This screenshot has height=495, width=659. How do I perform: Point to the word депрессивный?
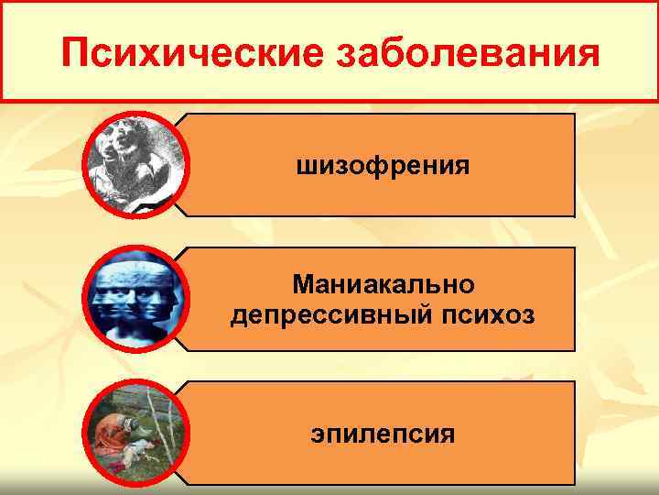(x=328, y=316)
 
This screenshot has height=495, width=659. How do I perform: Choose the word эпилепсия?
(x=384, y=432)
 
